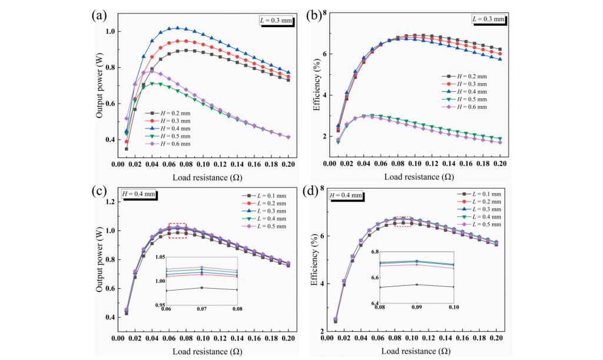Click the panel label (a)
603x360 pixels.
(x=98, y=16)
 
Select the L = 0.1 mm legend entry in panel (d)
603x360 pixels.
(x=476, y=194)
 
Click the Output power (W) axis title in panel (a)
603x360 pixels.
(x=100, y=87)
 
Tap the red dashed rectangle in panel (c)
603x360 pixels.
(x=177, y=230)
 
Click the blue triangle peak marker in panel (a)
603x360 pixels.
(x=177, y=28)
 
